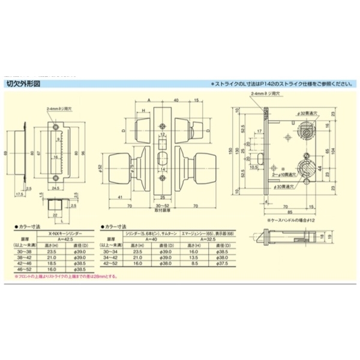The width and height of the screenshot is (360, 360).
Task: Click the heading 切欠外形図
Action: tap(23, 85)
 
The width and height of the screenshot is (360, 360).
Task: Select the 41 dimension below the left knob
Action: tap(120, 198)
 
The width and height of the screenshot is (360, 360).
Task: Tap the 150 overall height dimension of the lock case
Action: tap(230, 151)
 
